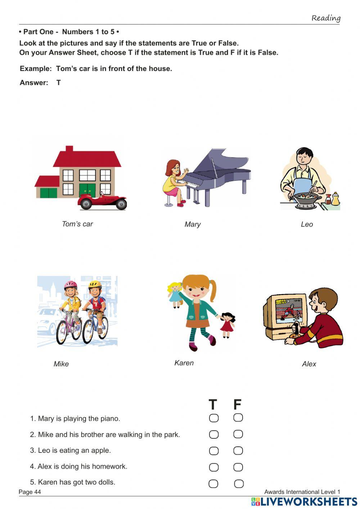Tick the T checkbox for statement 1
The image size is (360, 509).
pyautogui.click(x=213, y=418)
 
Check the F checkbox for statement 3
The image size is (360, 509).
pyautogui.click(x=238, y=451)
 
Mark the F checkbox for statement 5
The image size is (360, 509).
pyautogui.click(x=239, y=483)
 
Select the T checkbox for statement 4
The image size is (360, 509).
pyautogui.click(x=213, y=467)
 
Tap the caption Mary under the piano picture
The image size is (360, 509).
pyautogui.click(x=192, y=224)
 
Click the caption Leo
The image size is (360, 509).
pyautogui.click(x=307, y=224)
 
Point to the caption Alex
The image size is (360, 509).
pyautogui.click(x=309, y=364)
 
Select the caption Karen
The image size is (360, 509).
pyautogui.click(x=184, y=363)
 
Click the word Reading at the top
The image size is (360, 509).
pyautogui.click(x=326, y=18)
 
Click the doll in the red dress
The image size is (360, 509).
pyautogui.click(x=227, y=324)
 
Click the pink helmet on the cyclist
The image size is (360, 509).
pyautogui.click(x=71, y=285)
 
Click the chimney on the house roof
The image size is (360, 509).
pyautogui.click(x=69, y=149)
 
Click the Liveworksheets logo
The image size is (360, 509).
pyautogui.click(x=304, y=501)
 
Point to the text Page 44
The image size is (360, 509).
pyautogui.click(x=30, y=492)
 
